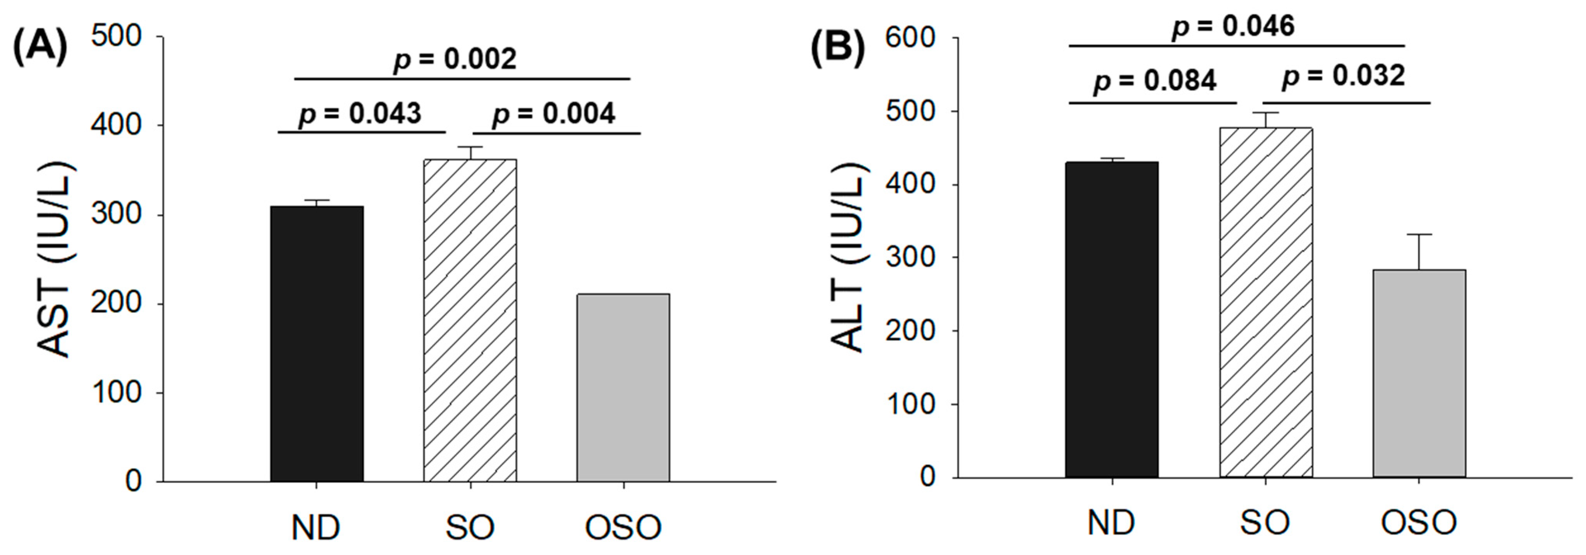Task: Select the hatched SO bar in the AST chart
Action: pyautogui.click(x=470, y=320)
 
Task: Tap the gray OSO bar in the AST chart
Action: pyautogui.click(x=623, y=388)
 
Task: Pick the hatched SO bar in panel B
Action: pyautogui.click(x=1265, y=302)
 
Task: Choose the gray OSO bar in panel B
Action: pyautogui.click(x=1419, y=373)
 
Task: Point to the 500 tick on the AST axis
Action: pyautogui.click(x=117, y=36)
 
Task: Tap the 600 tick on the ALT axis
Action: pyautogui.click(x=910, y=38)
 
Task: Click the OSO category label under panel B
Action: pyautogui.click(x=1419, y=523)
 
